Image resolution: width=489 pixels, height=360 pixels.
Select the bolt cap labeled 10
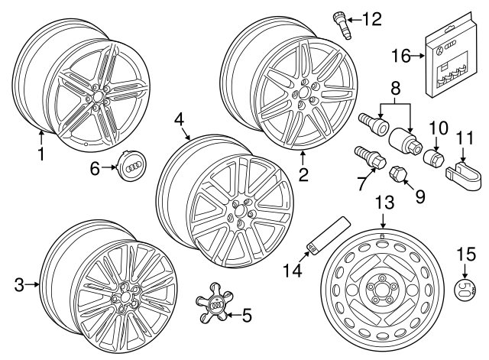433,157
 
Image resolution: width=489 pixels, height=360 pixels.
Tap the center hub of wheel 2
304,96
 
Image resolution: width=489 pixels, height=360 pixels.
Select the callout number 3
19,286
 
